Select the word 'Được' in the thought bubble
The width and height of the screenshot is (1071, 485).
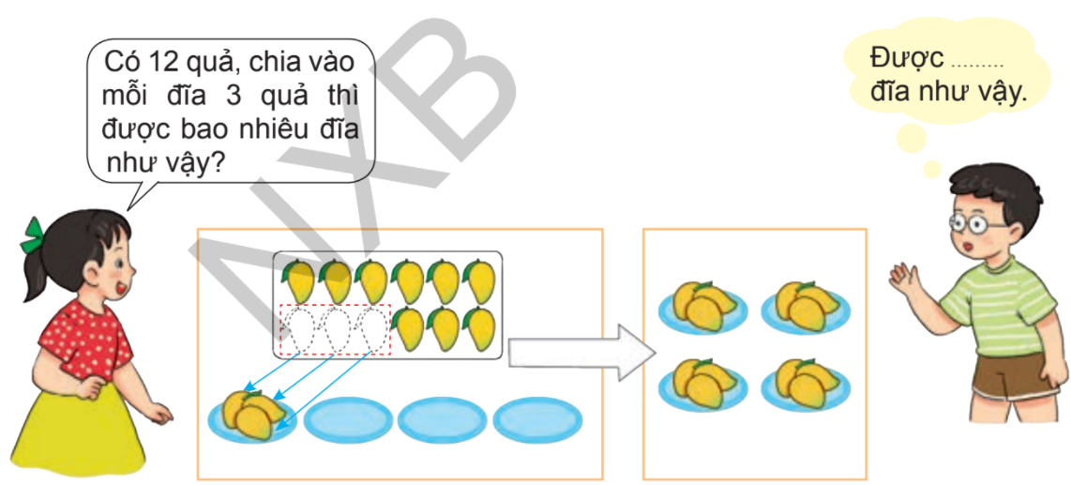[905, 58]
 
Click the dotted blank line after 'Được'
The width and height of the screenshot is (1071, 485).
[977, 64]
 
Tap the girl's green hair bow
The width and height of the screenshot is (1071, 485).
[34, 235]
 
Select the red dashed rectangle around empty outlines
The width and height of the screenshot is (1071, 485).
[335, 329]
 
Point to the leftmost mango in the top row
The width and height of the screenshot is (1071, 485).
[299, 280]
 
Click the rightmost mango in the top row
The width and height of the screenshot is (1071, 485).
[480, 280]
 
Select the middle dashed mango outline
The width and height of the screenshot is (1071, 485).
[336, 329]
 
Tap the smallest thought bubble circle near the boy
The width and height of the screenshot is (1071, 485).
[932, 169]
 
